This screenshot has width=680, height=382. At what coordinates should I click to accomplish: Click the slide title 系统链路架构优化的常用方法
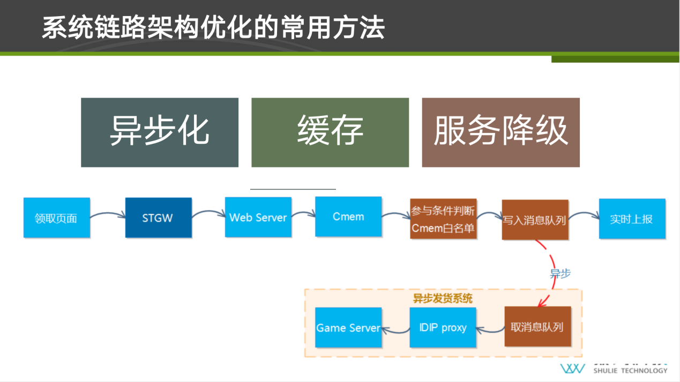click(x=213, y=28)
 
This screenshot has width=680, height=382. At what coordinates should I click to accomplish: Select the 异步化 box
click(x=160, y=132)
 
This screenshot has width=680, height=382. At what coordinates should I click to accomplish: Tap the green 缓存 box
click(x=330, y=132)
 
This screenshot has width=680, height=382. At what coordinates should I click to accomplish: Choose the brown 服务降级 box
click(x=500, y=132)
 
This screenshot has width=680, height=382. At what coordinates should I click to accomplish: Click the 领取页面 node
click(x=56, y=218)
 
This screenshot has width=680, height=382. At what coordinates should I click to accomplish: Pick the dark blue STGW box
click(x=158, y=218)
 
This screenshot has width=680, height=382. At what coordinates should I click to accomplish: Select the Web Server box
click(x=258, y=217)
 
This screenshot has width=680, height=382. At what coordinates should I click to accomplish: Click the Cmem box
click(x=348, y=217)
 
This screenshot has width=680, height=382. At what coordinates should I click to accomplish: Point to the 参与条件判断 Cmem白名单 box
click(x=443, y=219)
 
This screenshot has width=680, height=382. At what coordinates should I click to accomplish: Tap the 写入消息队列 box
click(x=534, y=220)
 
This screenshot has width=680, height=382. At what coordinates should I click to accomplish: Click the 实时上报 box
click(x=632, y=219)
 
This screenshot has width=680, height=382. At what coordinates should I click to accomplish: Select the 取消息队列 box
click(x=537, y=327)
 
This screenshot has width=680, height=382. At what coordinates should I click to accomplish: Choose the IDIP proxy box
click(x=443, y=327)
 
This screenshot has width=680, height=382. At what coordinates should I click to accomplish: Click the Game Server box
click(x=348, y=327)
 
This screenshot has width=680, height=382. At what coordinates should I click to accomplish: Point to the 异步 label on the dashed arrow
click(x=561, y=273)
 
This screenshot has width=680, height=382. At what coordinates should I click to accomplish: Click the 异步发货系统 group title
click(x=443, y=298)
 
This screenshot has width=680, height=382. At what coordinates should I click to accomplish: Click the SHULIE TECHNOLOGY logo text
click(x=630, y=370)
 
